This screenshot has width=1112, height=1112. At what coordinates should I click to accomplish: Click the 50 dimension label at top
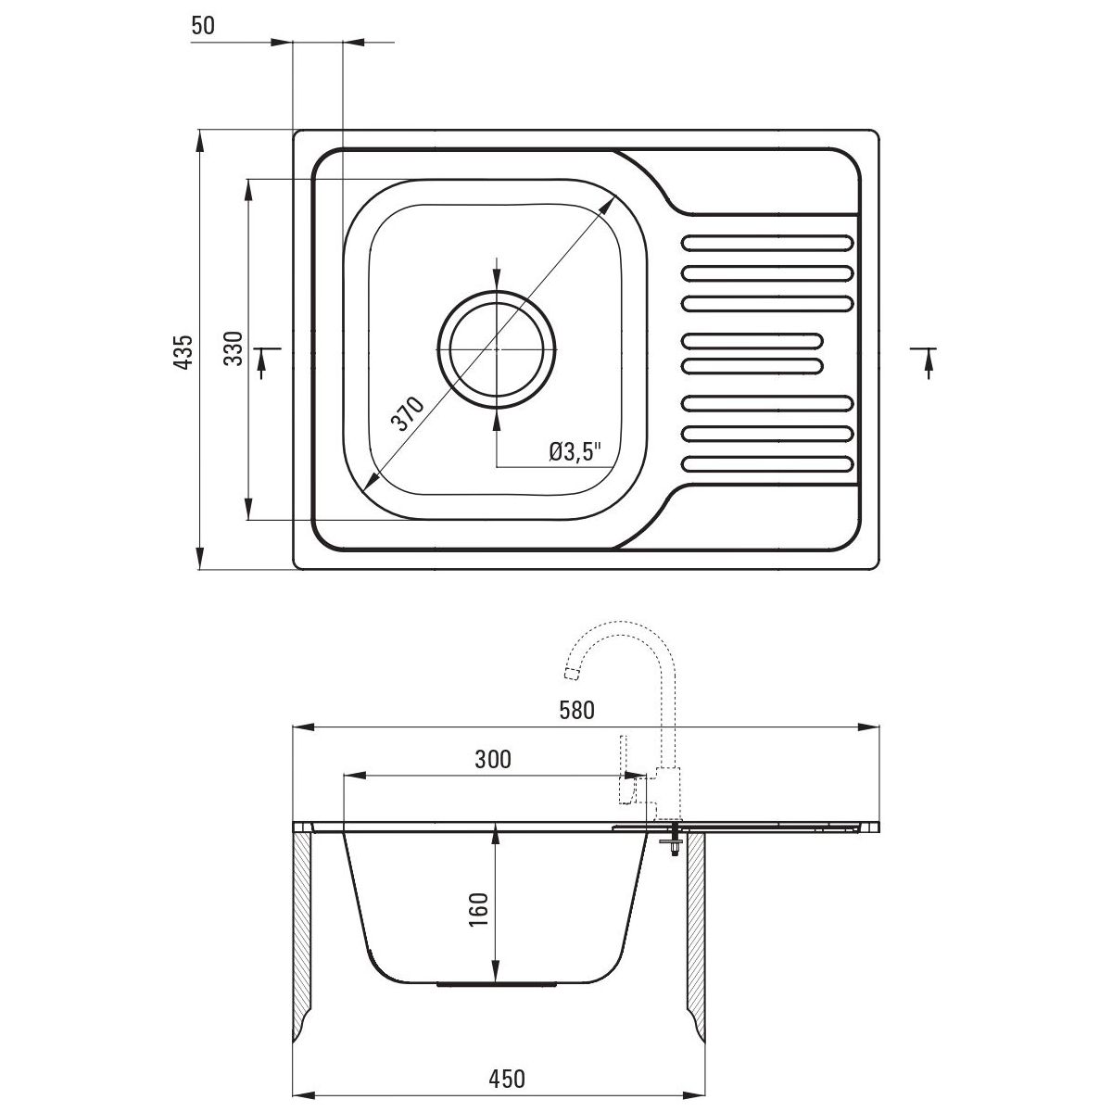(x=203, y=26)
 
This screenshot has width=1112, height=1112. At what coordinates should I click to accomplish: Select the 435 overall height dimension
(x=184, y=351)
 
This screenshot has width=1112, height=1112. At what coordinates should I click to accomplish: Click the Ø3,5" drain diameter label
(x=575, y=451)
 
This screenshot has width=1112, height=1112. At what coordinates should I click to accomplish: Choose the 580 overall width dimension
(x=575, y=712)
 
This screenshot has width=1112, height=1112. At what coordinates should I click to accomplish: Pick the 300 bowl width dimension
(x=493, y=760)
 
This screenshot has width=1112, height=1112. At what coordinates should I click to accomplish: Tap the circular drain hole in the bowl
(x=498, y=348)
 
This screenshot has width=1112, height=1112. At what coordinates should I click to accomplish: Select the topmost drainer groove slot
(x=767, y=244)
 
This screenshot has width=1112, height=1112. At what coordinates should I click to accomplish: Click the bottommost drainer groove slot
(x=767, y=462)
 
